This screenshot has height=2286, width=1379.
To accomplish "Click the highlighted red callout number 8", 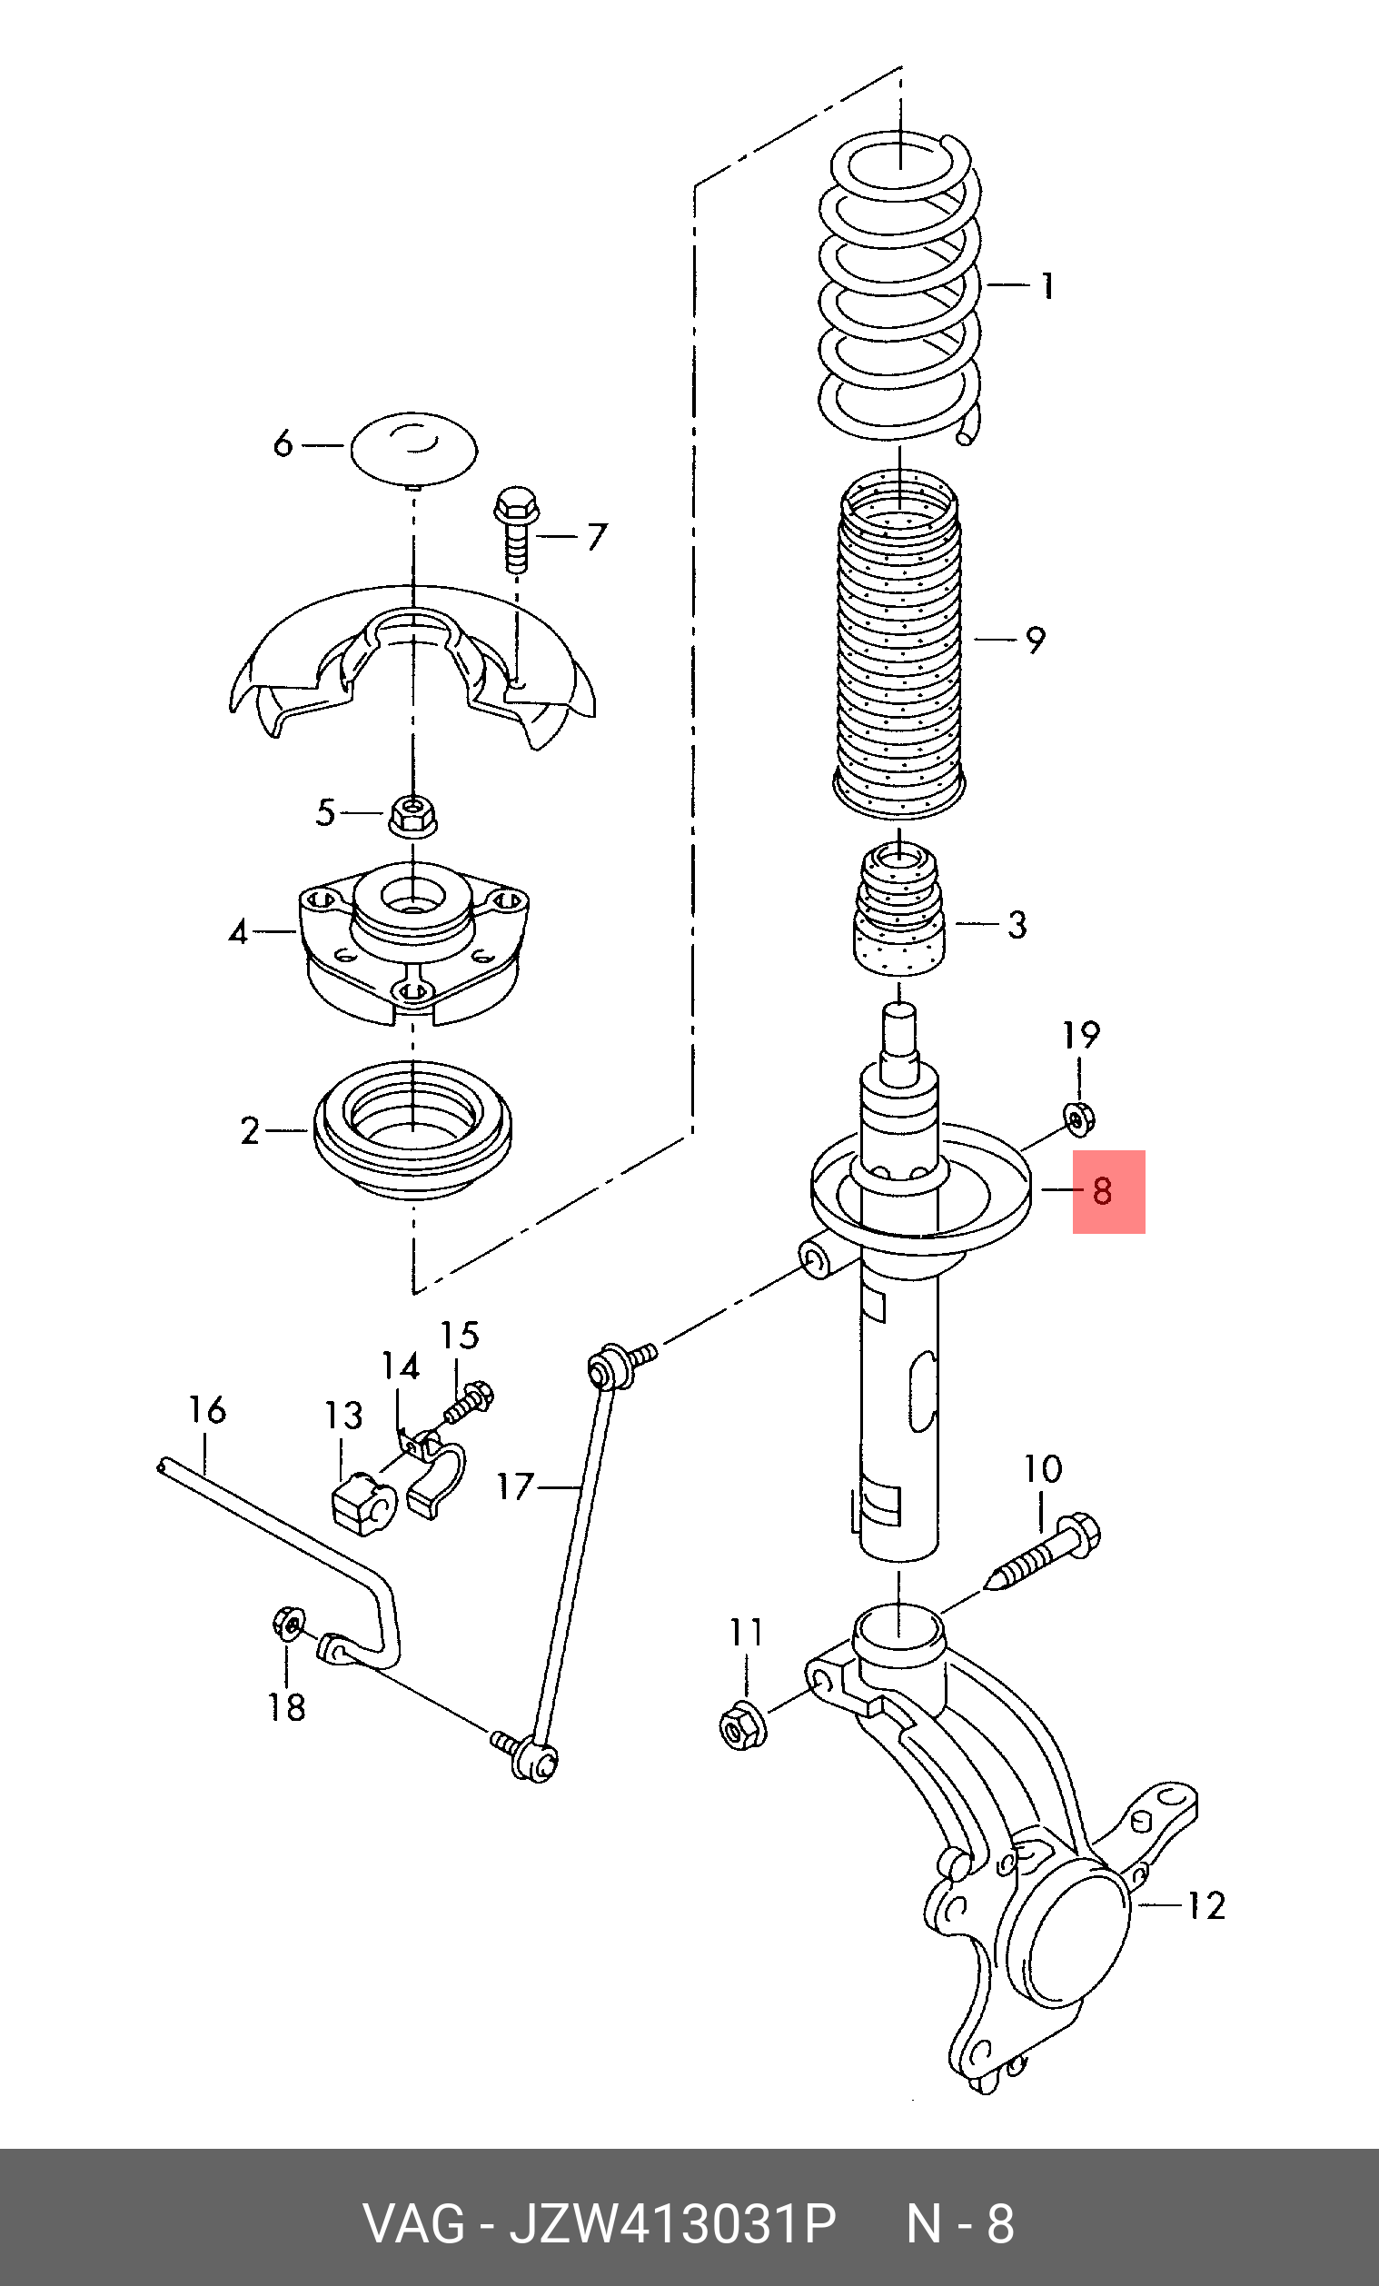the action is coord(1102,1190).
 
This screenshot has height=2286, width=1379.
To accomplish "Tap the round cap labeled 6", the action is coord(413,450).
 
